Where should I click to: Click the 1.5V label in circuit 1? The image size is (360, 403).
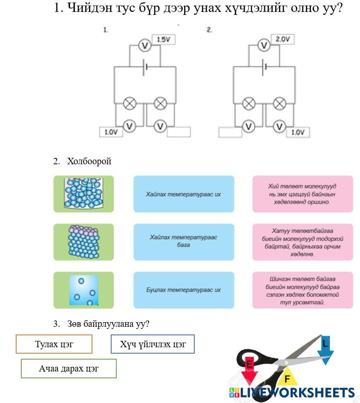164,40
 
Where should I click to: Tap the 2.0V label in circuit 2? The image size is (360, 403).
283,40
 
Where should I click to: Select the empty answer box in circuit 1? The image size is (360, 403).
179,132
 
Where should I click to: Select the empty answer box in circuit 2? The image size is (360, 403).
230,132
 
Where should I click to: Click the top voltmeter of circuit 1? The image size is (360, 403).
145,46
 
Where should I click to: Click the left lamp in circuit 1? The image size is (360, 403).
129,103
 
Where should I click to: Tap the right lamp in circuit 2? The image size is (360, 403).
279,103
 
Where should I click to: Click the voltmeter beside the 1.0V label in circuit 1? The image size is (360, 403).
129,126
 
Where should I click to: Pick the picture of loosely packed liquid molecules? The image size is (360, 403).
84,194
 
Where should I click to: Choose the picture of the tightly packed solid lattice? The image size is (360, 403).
84,242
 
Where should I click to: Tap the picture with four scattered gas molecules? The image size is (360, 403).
84,290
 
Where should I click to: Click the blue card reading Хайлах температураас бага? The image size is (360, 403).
184,242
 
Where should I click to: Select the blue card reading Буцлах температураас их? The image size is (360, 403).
184,290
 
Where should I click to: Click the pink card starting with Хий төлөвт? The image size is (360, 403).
302,194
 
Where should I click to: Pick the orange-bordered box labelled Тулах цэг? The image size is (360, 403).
54,344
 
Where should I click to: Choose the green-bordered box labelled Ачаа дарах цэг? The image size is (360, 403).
69,369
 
